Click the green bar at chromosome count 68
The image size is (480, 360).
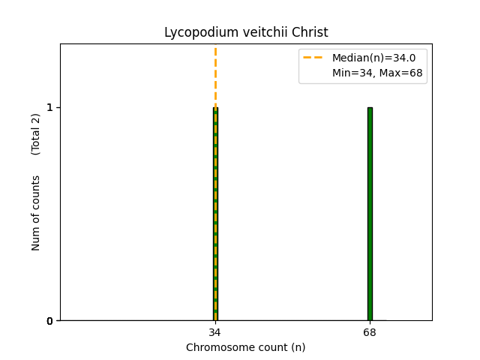tap(370, 214)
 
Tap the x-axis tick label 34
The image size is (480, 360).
tap(215, 331)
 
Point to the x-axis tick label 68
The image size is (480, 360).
tap(370, 331)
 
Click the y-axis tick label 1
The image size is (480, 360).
tap(49, 107)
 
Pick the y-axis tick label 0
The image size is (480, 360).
tap(49, 321)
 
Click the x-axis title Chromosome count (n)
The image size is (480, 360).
tap(246, 347)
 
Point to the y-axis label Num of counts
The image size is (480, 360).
tap(36, 213)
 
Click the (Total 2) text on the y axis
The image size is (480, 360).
tap(36, 133)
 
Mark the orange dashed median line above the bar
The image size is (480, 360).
tap(215, 75)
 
